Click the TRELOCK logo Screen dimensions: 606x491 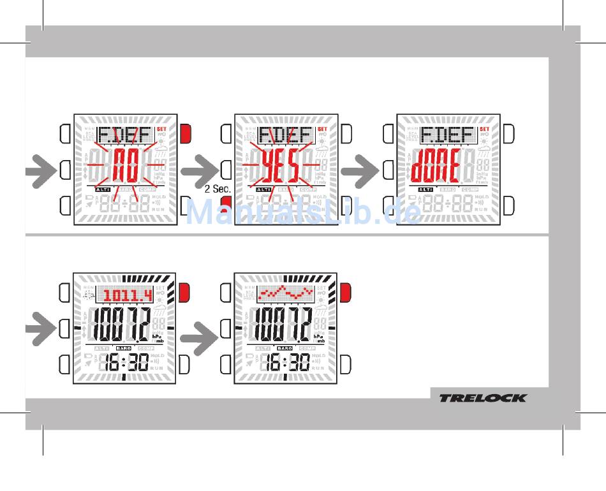(x=482, y=398)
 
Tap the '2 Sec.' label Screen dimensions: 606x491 (x=217, y=189)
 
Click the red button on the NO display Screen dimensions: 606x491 (x=186, y=134)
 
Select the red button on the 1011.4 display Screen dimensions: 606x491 (x=186, y=293)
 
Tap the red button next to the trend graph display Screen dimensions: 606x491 (x=346, y=293)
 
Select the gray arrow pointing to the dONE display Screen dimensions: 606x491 (x=358, y=170)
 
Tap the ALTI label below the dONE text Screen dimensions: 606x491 (x=426, y=190)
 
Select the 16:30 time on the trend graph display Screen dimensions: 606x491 (x=287, y=363)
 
